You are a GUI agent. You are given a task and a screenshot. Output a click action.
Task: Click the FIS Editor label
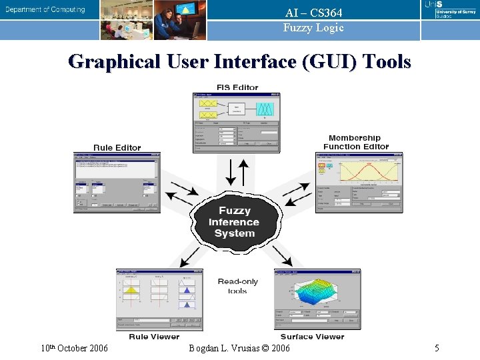click(237, 87)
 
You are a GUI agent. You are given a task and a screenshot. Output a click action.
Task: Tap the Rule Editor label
click(117, 147)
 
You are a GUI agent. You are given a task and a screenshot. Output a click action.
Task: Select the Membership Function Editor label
click(355, 142)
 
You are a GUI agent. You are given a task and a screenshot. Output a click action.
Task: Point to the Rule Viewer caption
click(154, 337)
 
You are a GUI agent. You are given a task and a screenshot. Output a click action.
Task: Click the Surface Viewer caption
click(312, 337)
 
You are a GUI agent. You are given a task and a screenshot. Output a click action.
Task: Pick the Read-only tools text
click(237, 286)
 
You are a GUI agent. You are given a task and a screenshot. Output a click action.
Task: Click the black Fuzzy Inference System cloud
click(234, 222)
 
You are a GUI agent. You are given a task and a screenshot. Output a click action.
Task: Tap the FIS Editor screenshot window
click(236, 122)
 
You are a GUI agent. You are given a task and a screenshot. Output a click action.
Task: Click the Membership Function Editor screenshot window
click(359, 182)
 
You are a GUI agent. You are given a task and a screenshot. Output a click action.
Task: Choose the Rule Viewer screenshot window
click(159, 300)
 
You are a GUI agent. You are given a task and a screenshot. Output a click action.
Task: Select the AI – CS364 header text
click(313, 13)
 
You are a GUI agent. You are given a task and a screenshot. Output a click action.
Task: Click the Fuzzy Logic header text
click(313, 27)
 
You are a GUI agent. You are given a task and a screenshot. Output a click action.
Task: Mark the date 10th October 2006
click(74, 348)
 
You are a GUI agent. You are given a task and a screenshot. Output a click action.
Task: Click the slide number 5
click(437, 348)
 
